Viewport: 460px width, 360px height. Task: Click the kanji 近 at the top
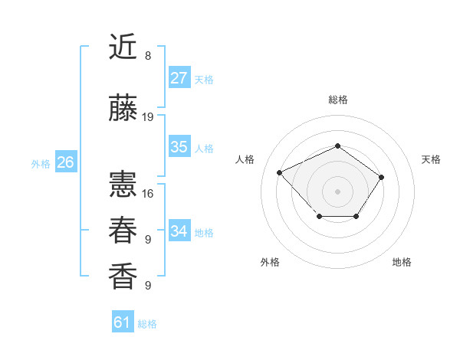pyautogui.click(x=123, y=47)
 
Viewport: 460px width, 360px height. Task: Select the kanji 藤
pyautogui.click(x=123, y=109)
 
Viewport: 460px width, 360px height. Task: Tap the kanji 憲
pyautogui.click(x=123, y=184)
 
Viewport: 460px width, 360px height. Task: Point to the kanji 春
pyautogui.click(x=123, y=230)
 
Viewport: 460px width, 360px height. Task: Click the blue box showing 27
pyautogui.click(x=179, y=78)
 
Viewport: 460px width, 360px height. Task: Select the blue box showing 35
pyautogui.click(x=179, y=147)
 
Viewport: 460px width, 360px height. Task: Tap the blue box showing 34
pyautogui.click(x=179, y=231)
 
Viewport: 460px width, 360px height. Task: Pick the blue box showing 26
pyautogui.click(x=65, y=162)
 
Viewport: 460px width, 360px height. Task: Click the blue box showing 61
pyautogui.click(x=123, y=322)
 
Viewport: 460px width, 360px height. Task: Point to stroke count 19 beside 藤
pyautogui.click(x=148, y=117)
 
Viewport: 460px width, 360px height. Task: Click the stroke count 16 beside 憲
pyautogui.click(x=148, y=193)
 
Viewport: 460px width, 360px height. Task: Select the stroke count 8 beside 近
pyautogui.click(x=148, y=56)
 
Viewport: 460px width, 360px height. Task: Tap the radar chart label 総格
pyautogui.click(x=337, y=100)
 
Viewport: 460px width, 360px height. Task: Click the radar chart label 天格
pyautogui.click(x=431, y=159)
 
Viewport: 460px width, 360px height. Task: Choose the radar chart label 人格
pyautogui.click(x=245, y=159)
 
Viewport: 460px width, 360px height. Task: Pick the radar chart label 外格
pyautogui.click(x=270, y=262)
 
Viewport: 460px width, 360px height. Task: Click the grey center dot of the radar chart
pyautogui.click(x=337, y=191)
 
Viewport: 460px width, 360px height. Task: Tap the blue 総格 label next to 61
pyautogui.click(x=147, y=324)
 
